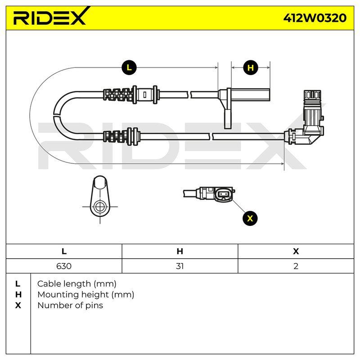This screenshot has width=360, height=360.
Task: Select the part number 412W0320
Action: [x=315, y=18]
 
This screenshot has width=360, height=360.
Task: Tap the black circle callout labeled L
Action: [x=129, y=67]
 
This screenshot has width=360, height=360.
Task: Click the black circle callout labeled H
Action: [x=251, y=67]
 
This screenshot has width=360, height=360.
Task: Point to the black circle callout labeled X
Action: [x=250, y=218]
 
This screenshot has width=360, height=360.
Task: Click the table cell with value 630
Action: [x=64, y=266]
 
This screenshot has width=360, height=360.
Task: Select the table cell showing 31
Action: [x=180, y=266]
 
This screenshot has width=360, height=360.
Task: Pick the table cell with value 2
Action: [x=296, y=266]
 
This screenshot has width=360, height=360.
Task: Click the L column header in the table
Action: [x=64, y=252]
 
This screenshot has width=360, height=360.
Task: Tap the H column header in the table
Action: [x=180, y=252]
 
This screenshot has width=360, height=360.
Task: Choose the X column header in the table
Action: [x=296, y=252]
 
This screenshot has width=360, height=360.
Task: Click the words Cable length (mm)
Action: [x=76, y=284]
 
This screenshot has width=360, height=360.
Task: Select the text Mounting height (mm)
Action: [x=85, y=295]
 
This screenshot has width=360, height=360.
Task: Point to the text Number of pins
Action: [x=70, y=306]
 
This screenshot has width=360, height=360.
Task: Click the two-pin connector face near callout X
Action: [x=223, y=195]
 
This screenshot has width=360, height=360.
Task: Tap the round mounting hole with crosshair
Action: [x=100, y=207]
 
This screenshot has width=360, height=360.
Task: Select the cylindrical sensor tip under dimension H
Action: [x=250, y=94]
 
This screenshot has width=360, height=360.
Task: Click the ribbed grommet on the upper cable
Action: [x=118, y=94]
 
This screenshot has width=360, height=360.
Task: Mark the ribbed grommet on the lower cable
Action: [x=118, y=137]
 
